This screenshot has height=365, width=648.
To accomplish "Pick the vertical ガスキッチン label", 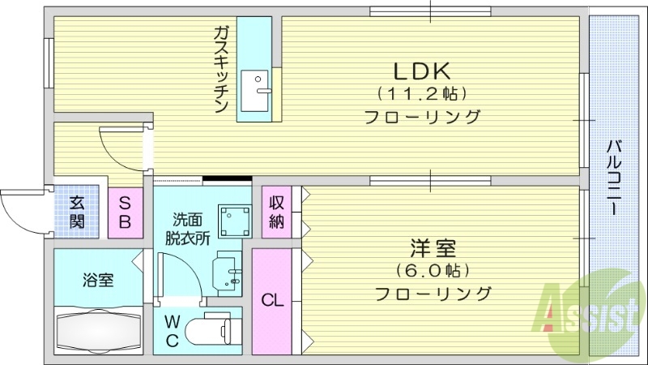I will [221, 70].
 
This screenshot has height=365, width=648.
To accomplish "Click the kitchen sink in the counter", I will [261, 85].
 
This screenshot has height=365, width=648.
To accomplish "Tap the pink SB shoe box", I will [126, 212].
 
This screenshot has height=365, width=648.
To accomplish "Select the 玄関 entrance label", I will [76, 213].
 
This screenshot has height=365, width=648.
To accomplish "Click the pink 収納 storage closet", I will [276, 213].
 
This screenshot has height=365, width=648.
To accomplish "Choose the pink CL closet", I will [272, 301].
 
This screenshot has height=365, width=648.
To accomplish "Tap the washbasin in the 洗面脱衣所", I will [226, 270].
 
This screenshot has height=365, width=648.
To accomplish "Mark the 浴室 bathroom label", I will [97, 281].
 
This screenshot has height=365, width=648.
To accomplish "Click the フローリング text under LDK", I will [422, 116].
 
